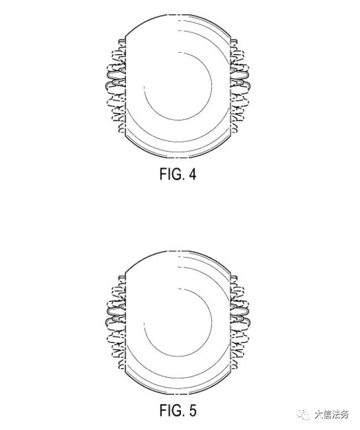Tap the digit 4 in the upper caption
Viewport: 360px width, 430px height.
[193, 174]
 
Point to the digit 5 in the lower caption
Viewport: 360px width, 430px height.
[193, 411]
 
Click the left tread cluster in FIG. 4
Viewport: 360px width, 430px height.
[116, 86]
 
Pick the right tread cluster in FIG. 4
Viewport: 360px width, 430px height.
[240, 86]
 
